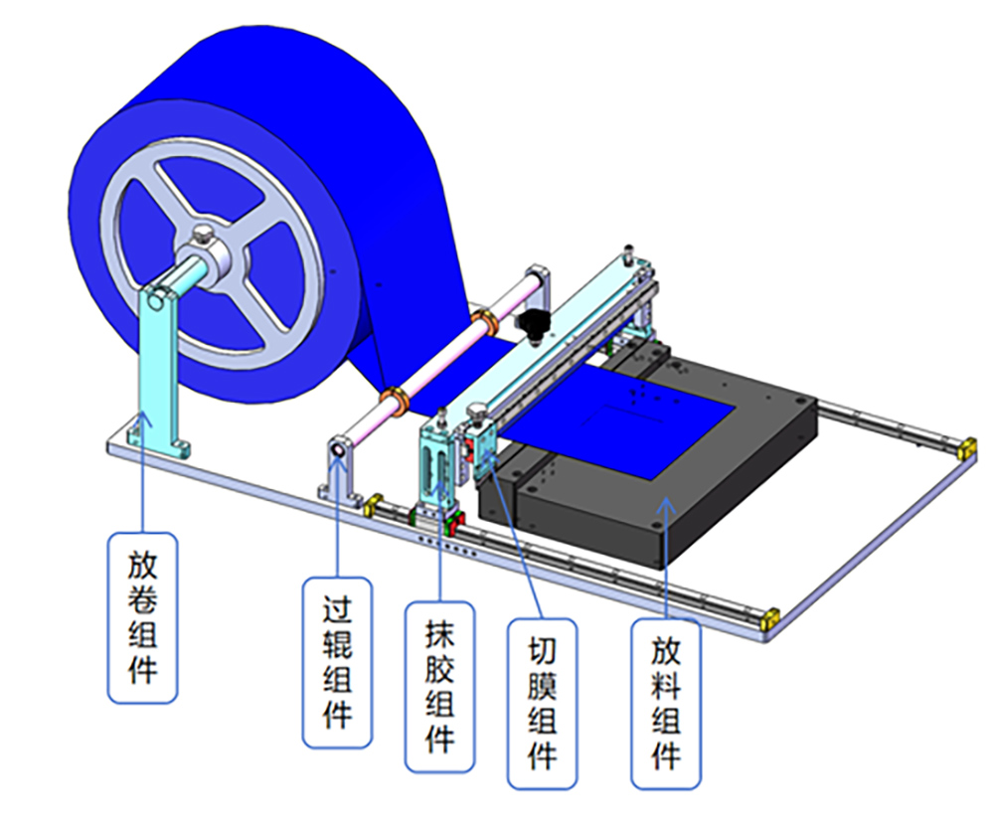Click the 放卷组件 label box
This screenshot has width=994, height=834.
tap(142, 617)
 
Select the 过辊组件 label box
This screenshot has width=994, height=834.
tap(337, 662)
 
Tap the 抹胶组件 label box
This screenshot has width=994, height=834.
tap(440, 687)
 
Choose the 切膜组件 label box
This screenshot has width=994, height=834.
tap(542, 704)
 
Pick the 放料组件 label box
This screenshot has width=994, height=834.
tap(666, 704)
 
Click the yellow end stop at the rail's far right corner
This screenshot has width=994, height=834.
tap(966, 448)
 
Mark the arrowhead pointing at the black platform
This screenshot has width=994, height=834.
tap(665, 504)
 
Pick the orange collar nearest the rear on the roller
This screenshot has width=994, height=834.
tap(485, 321)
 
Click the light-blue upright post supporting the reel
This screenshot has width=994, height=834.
tap(157, 368)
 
